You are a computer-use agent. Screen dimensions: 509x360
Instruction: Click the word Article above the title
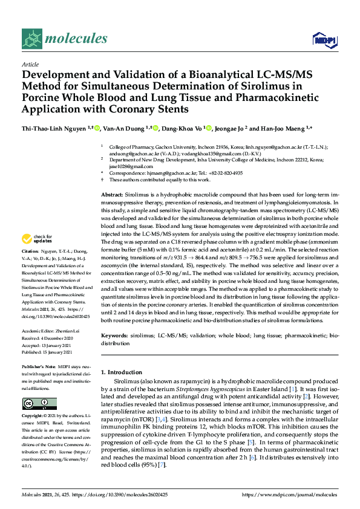(30, 64)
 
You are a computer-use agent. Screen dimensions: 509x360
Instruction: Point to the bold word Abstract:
(112, 177)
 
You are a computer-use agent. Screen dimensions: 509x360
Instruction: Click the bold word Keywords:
(114, 334)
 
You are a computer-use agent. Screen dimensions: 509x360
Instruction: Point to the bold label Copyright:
(36, 417)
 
